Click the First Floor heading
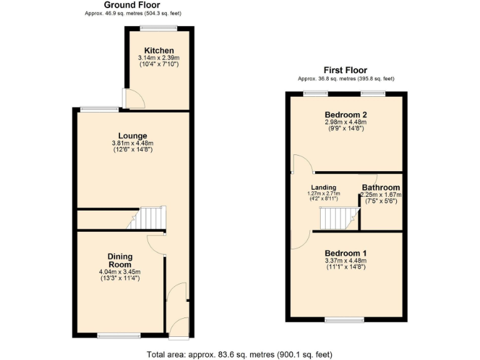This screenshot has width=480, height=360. (345, 70)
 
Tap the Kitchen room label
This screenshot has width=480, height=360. (159, 51)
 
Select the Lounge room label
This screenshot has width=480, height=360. (132, 136)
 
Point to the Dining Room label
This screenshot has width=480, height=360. (120, 260)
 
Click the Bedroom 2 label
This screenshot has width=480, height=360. (345, 114)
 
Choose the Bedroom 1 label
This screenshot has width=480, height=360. (345, 253)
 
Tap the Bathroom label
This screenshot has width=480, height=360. (381, 187)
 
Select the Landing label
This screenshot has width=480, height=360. (324, 187)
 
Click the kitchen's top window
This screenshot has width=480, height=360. (159, 27)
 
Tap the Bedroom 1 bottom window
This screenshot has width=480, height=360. (344, 320)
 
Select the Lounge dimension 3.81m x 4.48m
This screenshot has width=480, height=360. (132, 143)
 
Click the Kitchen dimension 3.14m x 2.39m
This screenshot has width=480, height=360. (159, 58)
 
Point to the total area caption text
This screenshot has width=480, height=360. (239, 354)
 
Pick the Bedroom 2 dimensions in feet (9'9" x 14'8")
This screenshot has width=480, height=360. (345, 129)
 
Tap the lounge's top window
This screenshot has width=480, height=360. (99, 109)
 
